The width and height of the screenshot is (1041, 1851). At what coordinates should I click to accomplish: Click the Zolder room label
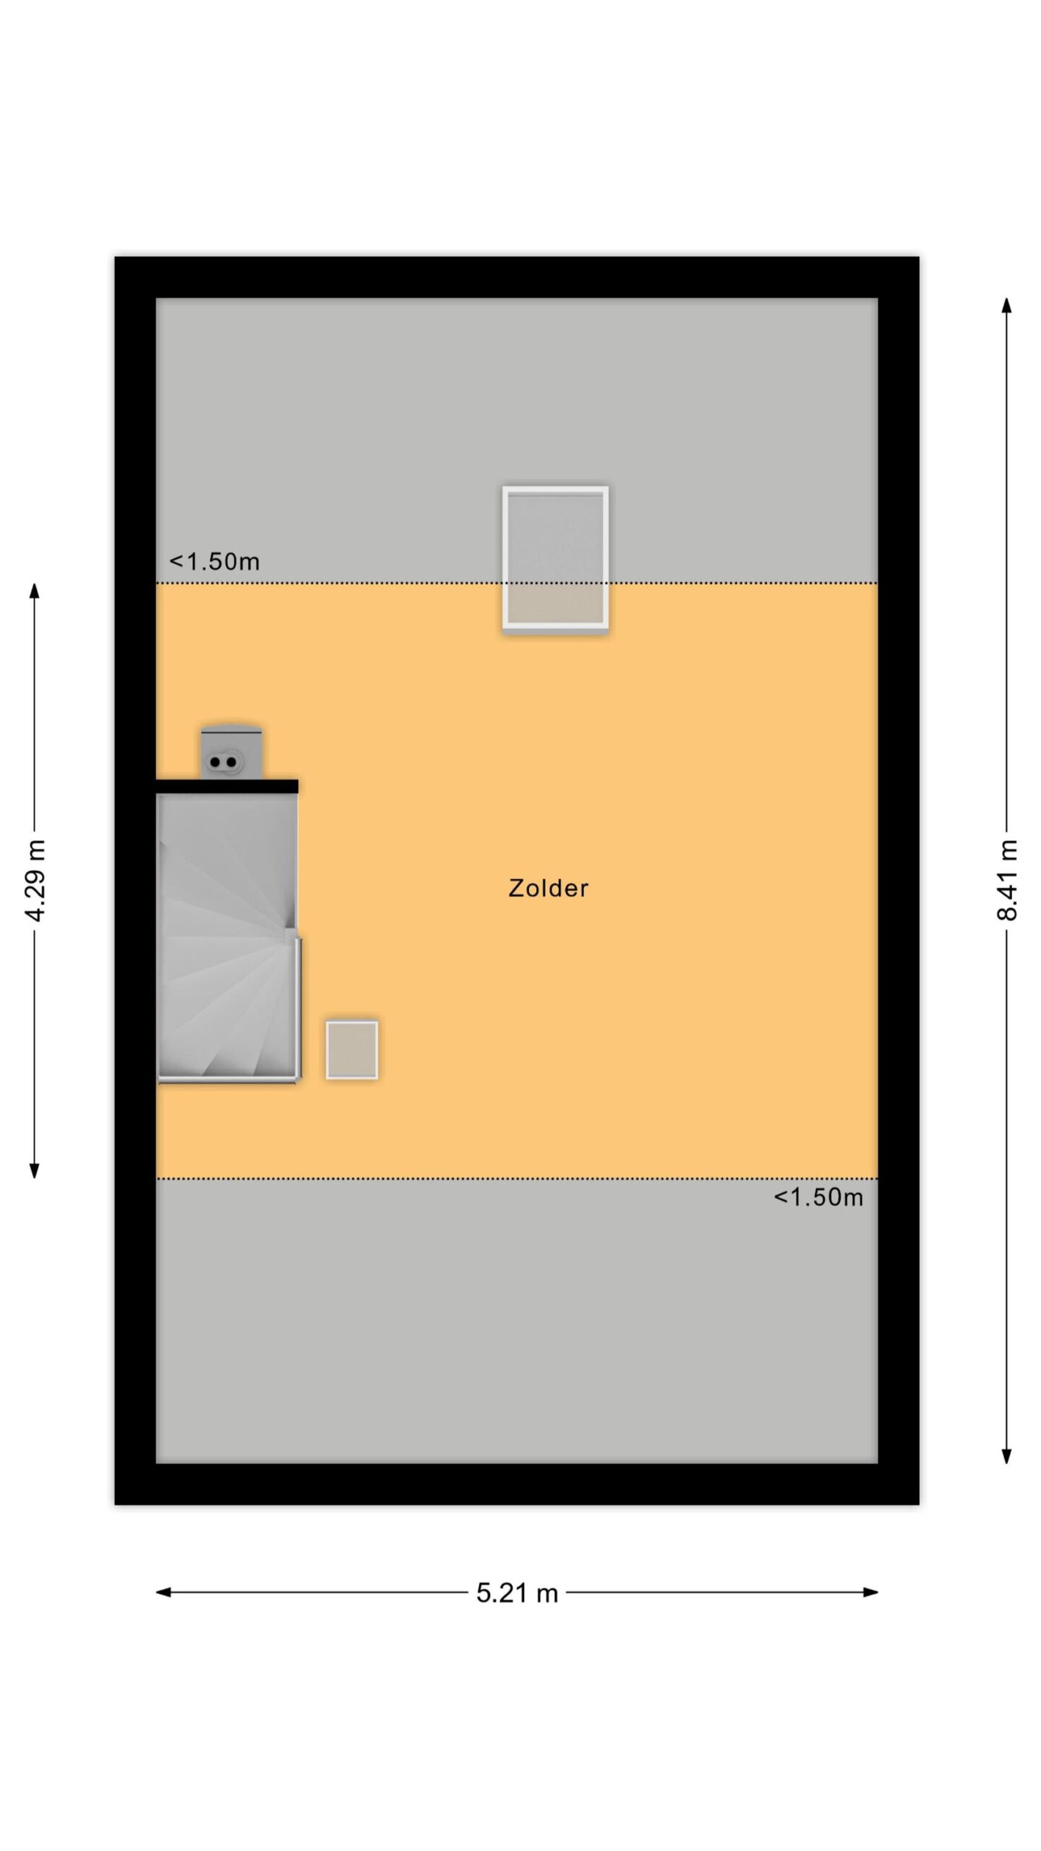(549, 888)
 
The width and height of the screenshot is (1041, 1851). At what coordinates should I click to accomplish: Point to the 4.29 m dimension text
(35, 880)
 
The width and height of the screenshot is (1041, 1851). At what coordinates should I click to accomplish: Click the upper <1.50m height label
(214, 561)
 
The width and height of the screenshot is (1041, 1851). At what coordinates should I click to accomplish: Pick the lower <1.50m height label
(818, 1197)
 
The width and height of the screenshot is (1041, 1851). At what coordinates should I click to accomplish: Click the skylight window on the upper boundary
(555, 559)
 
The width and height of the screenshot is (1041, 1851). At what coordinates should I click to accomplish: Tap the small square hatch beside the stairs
(352, 1050)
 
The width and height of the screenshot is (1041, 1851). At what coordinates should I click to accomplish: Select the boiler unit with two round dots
(231, 752)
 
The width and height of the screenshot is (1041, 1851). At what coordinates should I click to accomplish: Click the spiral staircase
(228, 937)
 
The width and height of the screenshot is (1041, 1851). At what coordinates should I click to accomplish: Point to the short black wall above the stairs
(227, 786)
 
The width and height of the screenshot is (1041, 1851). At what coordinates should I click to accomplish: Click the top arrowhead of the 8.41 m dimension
(1006, 305)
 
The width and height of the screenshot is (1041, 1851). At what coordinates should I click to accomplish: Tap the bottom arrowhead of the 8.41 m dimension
(1006, 1455)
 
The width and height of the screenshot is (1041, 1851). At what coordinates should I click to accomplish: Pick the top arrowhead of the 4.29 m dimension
(34, 591)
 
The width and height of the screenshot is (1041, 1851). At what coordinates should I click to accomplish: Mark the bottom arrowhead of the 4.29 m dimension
(34, 1170)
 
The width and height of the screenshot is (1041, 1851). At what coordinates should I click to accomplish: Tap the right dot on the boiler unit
(231, 762)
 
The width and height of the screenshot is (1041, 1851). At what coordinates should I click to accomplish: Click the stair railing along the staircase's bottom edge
(228, 1080)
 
